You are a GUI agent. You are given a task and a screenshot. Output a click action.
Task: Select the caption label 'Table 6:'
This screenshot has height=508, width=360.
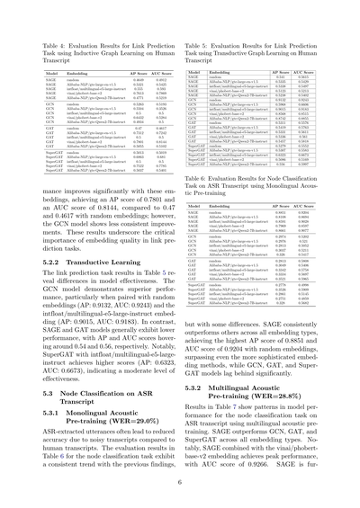[202, 178]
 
